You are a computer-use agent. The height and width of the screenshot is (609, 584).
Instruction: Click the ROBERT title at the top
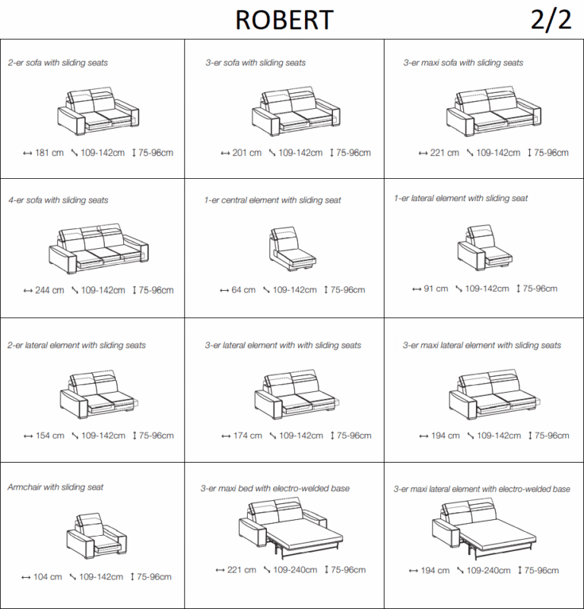(x=284, y=20)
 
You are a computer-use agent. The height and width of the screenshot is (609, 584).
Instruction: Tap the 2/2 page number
(x=551, y=20)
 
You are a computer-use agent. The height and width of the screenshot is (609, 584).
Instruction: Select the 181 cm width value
(x=49, y=153)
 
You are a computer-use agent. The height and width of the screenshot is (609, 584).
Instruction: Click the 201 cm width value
(x=247, y=153)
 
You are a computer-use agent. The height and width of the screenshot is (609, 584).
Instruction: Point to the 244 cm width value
(x=49, y=290)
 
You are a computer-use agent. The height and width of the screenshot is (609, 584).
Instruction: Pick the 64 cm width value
(x=243, y=290)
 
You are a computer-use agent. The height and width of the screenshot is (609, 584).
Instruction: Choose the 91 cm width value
(x=436, y=289)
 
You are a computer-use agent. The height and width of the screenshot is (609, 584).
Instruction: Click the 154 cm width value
(x=50, y=435)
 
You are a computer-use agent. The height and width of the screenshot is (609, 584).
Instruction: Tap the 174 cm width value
(x=248, y=435)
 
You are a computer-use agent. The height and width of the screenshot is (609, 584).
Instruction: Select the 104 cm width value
(x=48, y=577)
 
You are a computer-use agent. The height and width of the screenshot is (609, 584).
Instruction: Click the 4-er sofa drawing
(x=99, y=249)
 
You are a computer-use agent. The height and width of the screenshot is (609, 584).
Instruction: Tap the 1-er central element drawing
(x=292, y=249)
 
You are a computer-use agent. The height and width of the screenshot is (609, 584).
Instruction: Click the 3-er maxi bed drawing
(x=290, y=528)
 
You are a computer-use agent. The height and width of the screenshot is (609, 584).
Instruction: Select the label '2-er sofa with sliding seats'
(x=58, y=62)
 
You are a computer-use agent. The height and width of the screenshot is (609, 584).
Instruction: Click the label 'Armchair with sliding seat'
(x=56, y=487)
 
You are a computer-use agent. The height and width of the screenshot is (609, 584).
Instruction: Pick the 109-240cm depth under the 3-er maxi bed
(x=295, y=569)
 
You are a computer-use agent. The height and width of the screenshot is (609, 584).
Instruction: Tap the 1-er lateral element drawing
(x=484, y=247)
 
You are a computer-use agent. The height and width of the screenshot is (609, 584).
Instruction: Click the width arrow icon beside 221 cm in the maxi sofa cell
(x=423, y=154)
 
